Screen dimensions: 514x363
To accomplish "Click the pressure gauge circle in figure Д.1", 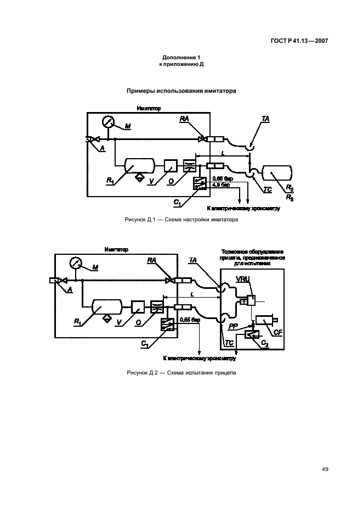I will pos(109,122).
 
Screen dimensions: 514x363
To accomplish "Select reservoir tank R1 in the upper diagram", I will pos(139,166).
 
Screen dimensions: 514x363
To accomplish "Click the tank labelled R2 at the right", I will pos(279,173).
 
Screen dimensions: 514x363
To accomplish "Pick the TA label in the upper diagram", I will pos(266,119).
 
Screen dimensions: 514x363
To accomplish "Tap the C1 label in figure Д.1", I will pos(178,203).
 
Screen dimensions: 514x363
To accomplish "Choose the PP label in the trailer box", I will pos(233,326).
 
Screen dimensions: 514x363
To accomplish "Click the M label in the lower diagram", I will pos(95,267).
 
